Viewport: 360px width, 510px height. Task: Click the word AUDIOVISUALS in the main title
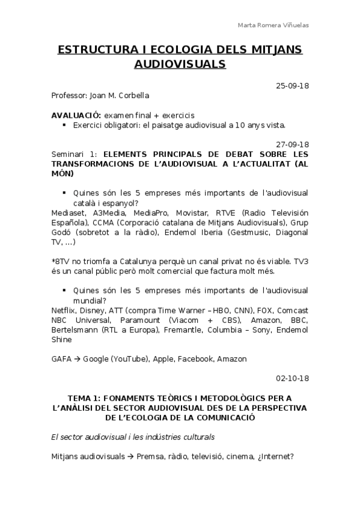[x=180, y=63]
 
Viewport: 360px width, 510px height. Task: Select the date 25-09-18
[x=291, y=85]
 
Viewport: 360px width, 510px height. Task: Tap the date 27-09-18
[x=291, y=144]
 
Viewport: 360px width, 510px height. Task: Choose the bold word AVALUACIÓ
[x=76, y=115]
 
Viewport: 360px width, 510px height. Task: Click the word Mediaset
[x=69, y=213]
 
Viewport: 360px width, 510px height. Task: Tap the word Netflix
[x=63, y=310]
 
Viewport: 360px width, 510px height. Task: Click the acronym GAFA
[x=63, y=359]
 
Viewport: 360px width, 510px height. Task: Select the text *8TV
[x=61, y=262]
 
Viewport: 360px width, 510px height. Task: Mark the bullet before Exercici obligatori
[x=64, y=125]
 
